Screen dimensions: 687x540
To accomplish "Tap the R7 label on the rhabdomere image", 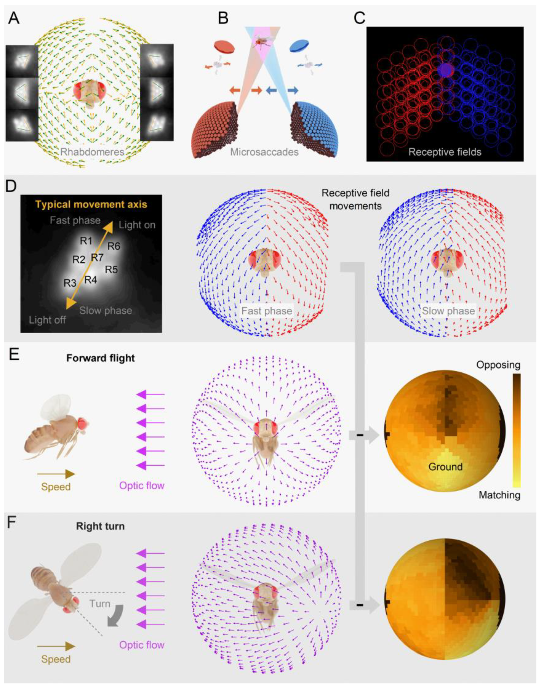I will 97,258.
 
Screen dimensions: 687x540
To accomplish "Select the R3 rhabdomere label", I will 70,283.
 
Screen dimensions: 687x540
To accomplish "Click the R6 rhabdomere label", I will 114,246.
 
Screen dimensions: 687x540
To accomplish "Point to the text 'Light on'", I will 137,225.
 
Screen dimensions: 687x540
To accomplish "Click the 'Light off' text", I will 47,320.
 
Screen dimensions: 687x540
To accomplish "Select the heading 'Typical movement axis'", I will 91,204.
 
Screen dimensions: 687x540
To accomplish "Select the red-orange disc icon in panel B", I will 224,46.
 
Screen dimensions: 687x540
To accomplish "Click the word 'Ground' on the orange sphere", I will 445,466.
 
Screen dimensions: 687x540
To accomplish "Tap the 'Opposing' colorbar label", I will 498,365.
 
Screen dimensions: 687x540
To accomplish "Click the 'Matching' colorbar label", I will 500,495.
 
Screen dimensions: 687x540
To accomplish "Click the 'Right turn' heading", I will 100,526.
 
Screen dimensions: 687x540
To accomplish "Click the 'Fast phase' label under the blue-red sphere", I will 267,311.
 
